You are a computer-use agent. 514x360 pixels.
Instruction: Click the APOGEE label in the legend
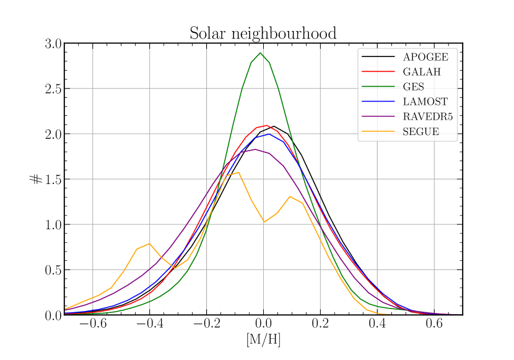(425, 57)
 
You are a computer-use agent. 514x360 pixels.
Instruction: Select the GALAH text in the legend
(421, 72)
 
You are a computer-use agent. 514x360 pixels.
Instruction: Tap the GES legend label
(413, 87)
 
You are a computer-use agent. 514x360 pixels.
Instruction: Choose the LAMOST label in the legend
(425, 102)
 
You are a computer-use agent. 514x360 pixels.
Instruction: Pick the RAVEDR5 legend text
(427, 116)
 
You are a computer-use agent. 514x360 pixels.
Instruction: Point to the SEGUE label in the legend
(420, 131)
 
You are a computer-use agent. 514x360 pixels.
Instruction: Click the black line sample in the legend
(378, 57)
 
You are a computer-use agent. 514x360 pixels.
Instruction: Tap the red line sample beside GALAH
(378, 72)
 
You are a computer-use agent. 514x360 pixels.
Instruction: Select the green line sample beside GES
(378, 87)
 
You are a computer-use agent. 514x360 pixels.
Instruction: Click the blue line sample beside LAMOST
(378, 102)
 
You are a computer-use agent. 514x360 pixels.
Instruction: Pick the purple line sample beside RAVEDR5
(378, 116)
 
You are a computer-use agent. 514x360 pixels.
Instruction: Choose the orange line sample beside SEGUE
(378, 131)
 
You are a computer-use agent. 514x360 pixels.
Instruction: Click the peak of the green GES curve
(260, 53)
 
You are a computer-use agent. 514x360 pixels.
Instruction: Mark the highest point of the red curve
(266, 125)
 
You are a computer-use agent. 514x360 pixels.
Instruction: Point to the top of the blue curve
(269, 134)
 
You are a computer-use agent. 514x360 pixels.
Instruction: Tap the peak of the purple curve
(255, 149)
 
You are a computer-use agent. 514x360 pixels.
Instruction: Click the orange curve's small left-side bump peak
(149, 244)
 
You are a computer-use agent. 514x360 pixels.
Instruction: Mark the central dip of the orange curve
(264, 222)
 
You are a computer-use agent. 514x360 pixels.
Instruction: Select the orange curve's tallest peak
(239, 172)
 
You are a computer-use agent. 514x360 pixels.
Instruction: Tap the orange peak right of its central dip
(290, 196)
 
